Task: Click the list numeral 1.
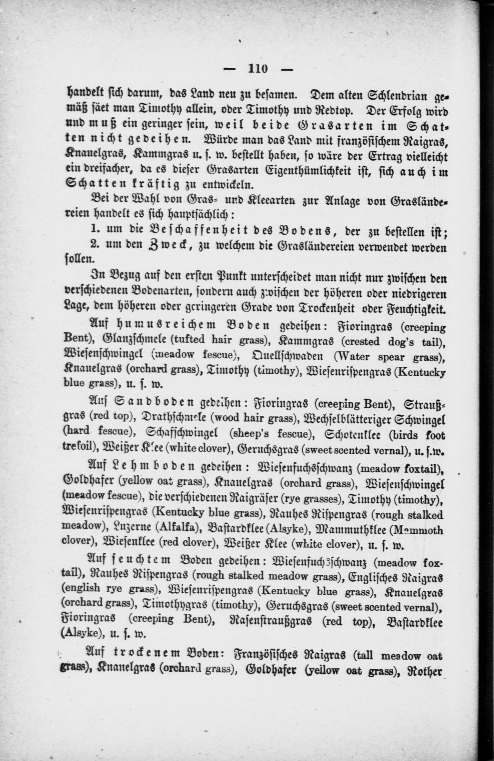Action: point(94,229)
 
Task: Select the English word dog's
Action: point(398,341)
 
